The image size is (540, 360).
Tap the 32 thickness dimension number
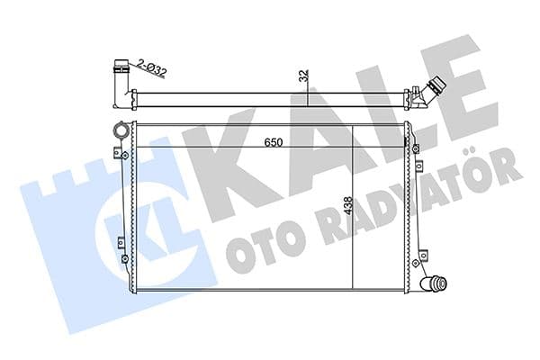[x=306, y=78]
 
